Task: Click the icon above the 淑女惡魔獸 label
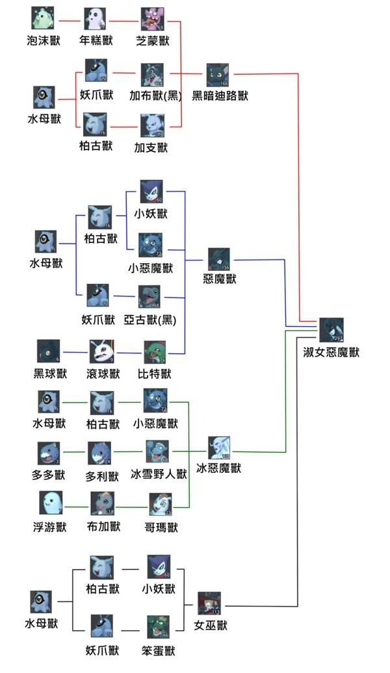click(331, 330)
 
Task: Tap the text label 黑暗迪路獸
click(220, 95)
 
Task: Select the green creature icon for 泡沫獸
click(42, 19)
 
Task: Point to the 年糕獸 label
click(97, 41)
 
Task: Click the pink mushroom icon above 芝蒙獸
click(153, 19)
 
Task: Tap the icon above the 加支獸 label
click(152, 125)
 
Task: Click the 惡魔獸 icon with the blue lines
click(220, 259)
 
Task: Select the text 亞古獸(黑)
click(152, 320)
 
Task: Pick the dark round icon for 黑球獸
click(49, 351)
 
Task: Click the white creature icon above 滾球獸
click(101, 351)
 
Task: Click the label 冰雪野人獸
click(159, 474)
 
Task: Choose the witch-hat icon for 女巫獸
click(209, 603)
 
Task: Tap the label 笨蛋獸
click(157, 650)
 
